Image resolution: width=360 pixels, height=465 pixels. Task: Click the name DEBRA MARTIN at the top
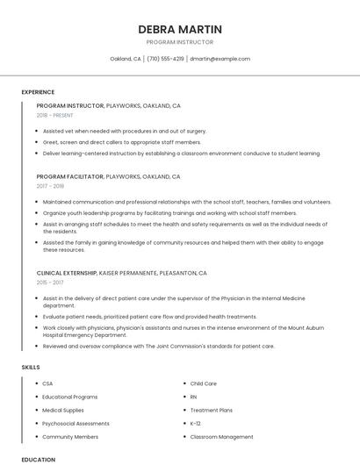click(x=180, y=29)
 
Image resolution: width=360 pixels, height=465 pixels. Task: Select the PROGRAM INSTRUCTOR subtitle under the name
click(x=180, y=42)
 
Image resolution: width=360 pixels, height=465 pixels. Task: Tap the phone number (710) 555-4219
click(x=165, y=59)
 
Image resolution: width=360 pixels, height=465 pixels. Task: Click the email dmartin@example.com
click(x=220, y=59)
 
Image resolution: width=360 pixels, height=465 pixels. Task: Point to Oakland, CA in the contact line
click(x=126, y=59)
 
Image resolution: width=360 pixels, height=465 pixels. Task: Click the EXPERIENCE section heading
click(x=38, y=92)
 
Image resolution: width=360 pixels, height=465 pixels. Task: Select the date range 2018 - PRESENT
click(x=54, y=115)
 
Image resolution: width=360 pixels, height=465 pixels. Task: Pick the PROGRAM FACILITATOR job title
click(x=70, y=176)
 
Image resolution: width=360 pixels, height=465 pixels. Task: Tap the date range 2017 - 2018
click(x=50, y=186)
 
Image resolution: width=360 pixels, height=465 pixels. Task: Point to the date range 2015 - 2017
click(x=50, y=283)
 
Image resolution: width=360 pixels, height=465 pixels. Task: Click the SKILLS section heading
click(x=31, y=366)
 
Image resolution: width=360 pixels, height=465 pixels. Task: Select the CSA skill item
click(x=47, y=383)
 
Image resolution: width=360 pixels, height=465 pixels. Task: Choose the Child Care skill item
click(x=203, y=383)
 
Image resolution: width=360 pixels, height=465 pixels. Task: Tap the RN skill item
click(x=194, y=397)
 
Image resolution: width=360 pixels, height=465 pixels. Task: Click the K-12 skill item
click(x=196, y=423)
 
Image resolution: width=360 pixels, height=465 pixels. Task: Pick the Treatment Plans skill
click(x=211, y=410)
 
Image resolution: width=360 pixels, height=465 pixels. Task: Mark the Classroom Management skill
click(x=221, y=436)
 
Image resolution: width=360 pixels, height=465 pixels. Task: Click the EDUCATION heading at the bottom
click(x=38, y=459)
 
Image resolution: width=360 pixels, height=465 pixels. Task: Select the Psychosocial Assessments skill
click(x=76, y=423)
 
